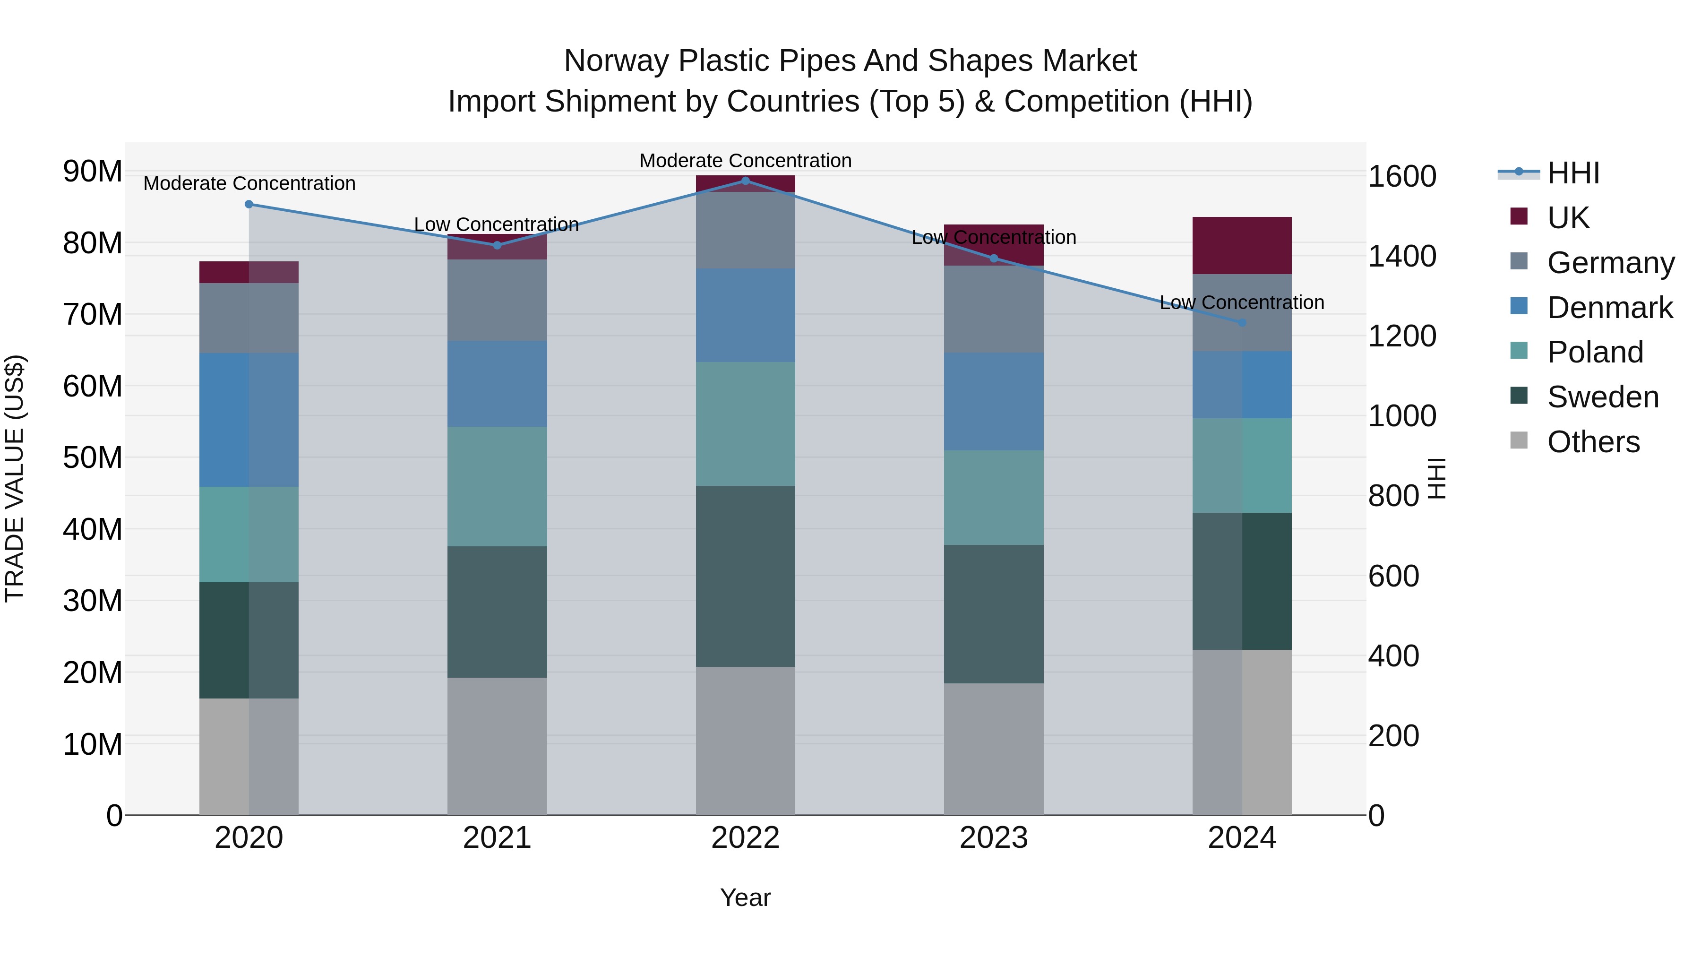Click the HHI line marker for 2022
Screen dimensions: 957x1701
(x=746, y=181)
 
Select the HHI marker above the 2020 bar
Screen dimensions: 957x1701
(x=249, y=204)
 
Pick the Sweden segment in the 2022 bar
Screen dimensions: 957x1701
(x=746, y=576)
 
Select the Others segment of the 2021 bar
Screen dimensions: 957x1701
(x=497, y=746)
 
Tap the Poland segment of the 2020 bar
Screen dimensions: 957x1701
(x=249, y=535)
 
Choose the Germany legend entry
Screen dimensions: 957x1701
(x=1610, y=262)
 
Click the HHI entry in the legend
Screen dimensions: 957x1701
(x=1573, y=173)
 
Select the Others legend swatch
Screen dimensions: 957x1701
(x=1519, y=440)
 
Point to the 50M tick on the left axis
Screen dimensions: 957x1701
(x=93, y=457)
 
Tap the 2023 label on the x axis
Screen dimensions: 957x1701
(x=994, y=838)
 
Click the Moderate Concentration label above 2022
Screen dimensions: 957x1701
(x=746, y=161)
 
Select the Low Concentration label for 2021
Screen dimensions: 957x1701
(x=497, y=224)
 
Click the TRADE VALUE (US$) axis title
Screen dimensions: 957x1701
(x=15, y=478)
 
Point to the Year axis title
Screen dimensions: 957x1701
(x=746, y=897)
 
